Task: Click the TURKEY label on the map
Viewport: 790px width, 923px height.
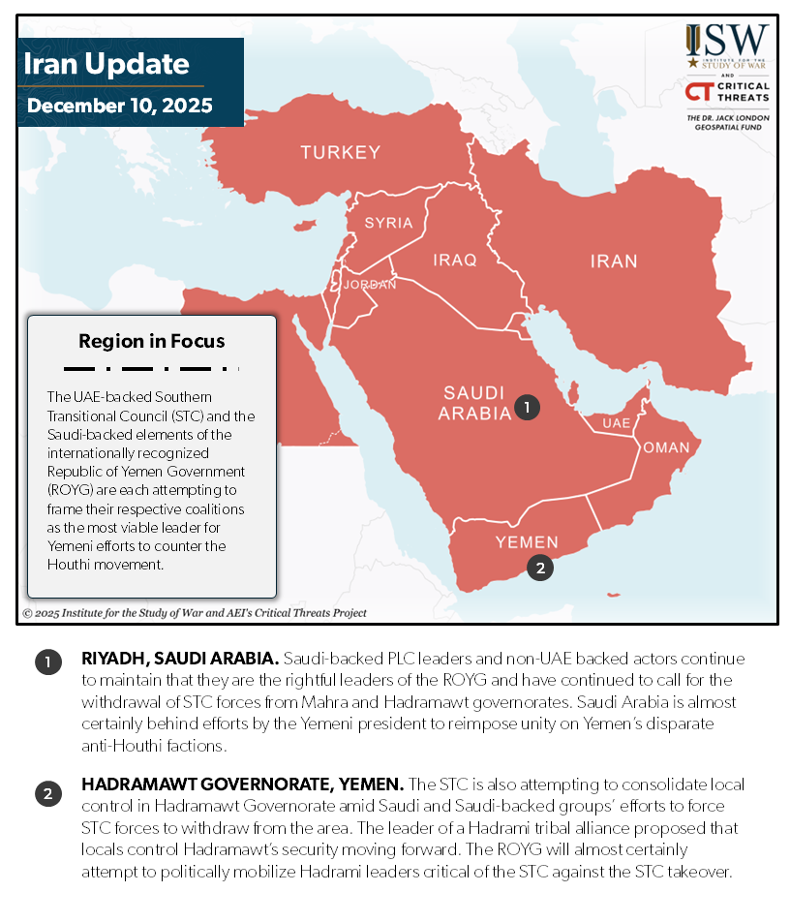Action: tap(340, 152)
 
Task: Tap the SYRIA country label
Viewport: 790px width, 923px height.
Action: tap(388, 223)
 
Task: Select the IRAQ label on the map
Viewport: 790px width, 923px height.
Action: tap(455, 260)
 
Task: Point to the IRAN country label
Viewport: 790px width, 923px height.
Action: tap(614, 261)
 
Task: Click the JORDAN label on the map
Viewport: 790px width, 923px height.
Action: tap(370, 285)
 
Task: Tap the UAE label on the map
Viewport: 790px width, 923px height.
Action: tap(616, 423)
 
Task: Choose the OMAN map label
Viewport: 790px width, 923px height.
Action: tap(666, 447)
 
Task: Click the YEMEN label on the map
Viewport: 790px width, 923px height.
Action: tap(527, 541)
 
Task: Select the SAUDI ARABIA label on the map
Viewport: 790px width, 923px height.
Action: tap(474, 403)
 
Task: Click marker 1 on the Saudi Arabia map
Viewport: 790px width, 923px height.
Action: tap(526, 408)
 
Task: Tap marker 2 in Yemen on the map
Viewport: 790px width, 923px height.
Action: tap(540, 568)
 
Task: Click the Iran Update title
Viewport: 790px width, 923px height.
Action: tap(106, 65)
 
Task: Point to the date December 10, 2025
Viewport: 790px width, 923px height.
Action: tap(119, 105)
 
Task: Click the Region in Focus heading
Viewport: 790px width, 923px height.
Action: tap(152, 341)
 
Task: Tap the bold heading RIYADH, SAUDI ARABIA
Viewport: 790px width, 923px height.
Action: tap(180, 659)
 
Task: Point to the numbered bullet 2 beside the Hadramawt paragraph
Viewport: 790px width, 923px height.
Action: tap(47, 794)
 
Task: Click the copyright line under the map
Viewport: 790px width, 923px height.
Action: tap(195, 613)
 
